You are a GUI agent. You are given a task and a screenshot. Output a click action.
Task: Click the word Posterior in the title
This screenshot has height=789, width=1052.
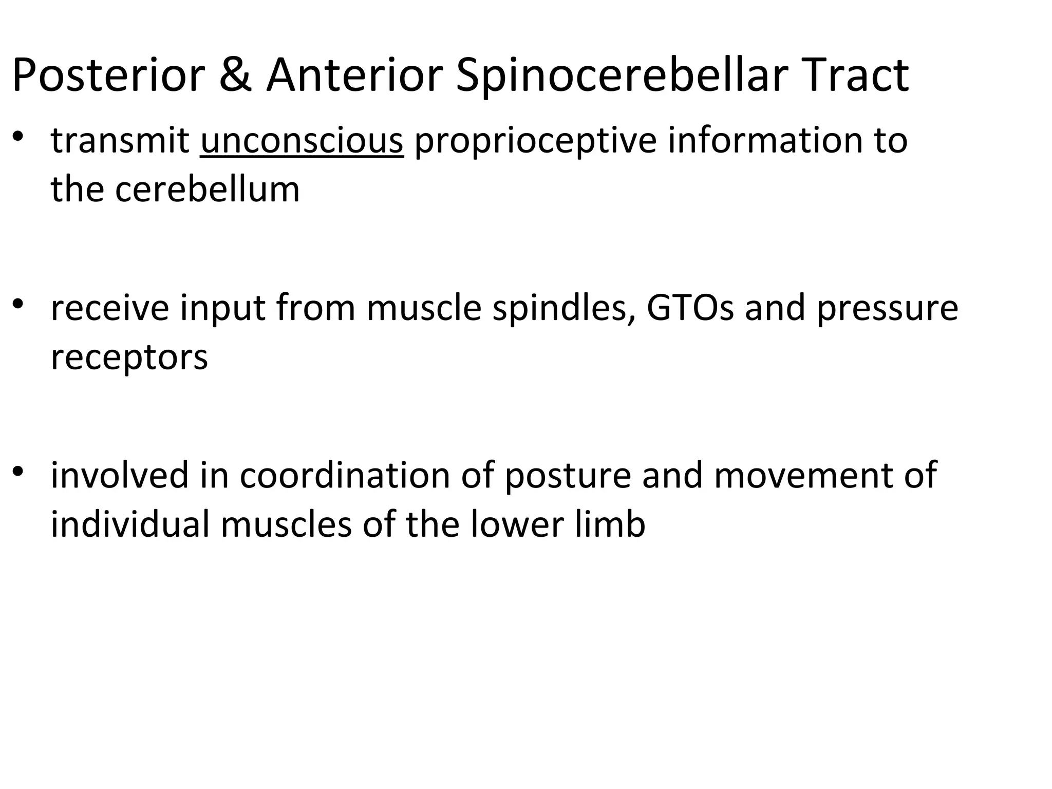(108, 76)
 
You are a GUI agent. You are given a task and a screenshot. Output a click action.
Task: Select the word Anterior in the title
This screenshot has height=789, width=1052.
(354, 76)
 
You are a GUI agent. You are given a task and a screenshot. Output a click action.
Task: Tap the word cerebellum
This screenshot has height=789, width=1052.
(207, 189)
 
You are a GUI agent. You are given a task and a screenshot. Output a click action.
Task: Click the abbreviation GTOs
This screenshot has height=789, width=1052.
(690, 308)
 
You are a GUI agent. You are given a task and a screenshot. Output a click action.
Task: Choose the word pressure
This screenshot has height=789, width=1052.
(887, 309)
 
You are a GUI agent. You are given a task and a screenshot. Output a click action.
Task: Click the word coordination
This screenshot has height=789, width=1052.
(345, 475)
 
